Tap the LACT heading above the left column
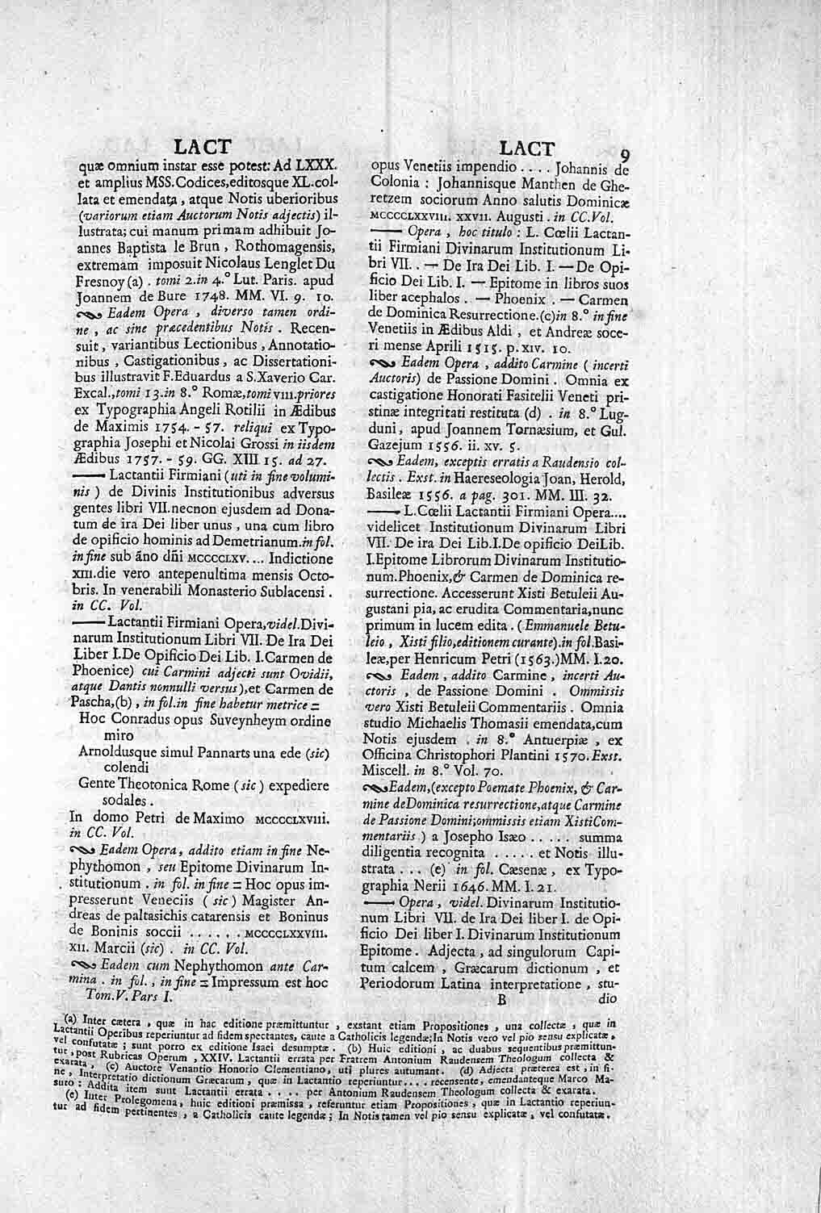tap(203, 147)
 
